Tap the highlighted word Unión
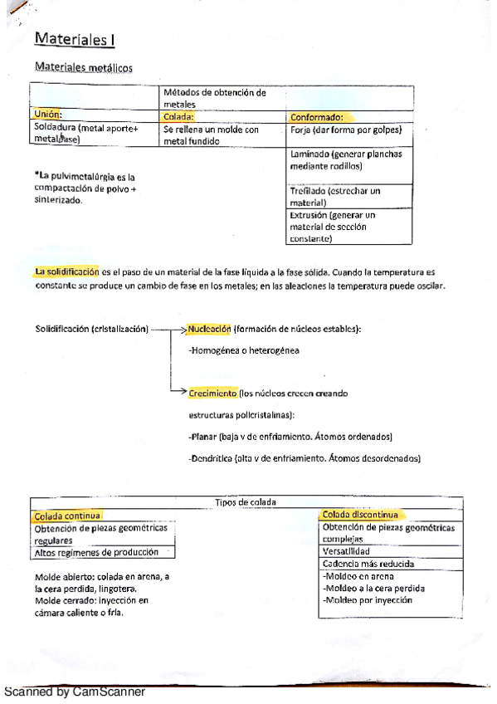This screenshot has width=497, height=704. pos(49,115)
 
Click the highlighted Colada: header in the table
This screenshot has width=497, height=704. pos(183,117)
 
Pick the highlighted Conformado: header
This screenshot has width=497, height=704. pos(317,117)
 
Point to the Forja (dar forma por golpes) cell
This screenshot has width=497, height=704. pos(347,130)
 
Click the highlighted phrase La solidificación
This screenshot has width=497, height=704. pos(67,271)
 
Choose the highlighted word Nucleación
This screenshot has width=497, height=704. pos(209,329)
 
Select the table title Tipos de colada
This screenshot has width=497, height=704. pos(244,501)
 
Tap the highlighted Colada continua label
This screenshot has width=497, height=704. pos(67,516)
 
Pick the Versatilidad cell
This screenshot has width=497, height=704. pos(346,550)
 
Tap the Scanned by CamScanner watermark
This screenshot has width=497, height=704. pos(75,692)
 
